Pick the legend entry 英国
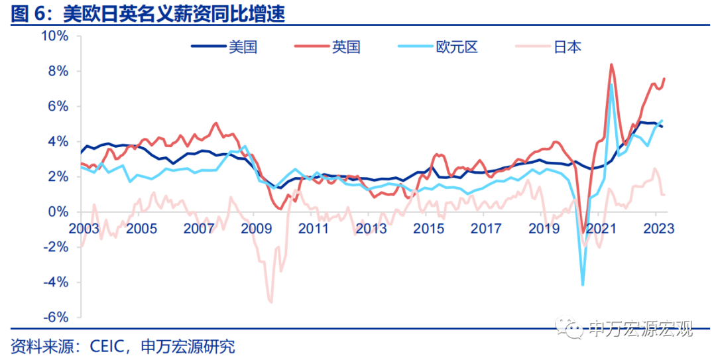pos(347,46)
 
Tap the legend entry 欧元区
pos(457,46)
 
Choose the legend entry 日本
pos(567,46)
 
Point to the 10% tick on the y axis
pos(55,36)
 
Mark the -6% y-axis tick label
pos(56,317)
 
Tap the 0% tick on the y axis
pos(58,211)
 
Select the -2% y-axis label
pos(56,247)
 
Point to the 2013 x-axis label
pos(371,229)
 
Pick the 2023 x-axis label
pos(658,229)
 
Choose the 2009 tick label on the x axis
pos(256,229)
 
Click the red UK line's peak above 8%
pos(611,64)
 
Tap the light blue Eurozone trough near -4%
pos(583,284)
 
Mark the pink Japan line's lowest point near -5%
pos(270,302)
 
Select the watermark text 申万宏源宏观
pos(640,328)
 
